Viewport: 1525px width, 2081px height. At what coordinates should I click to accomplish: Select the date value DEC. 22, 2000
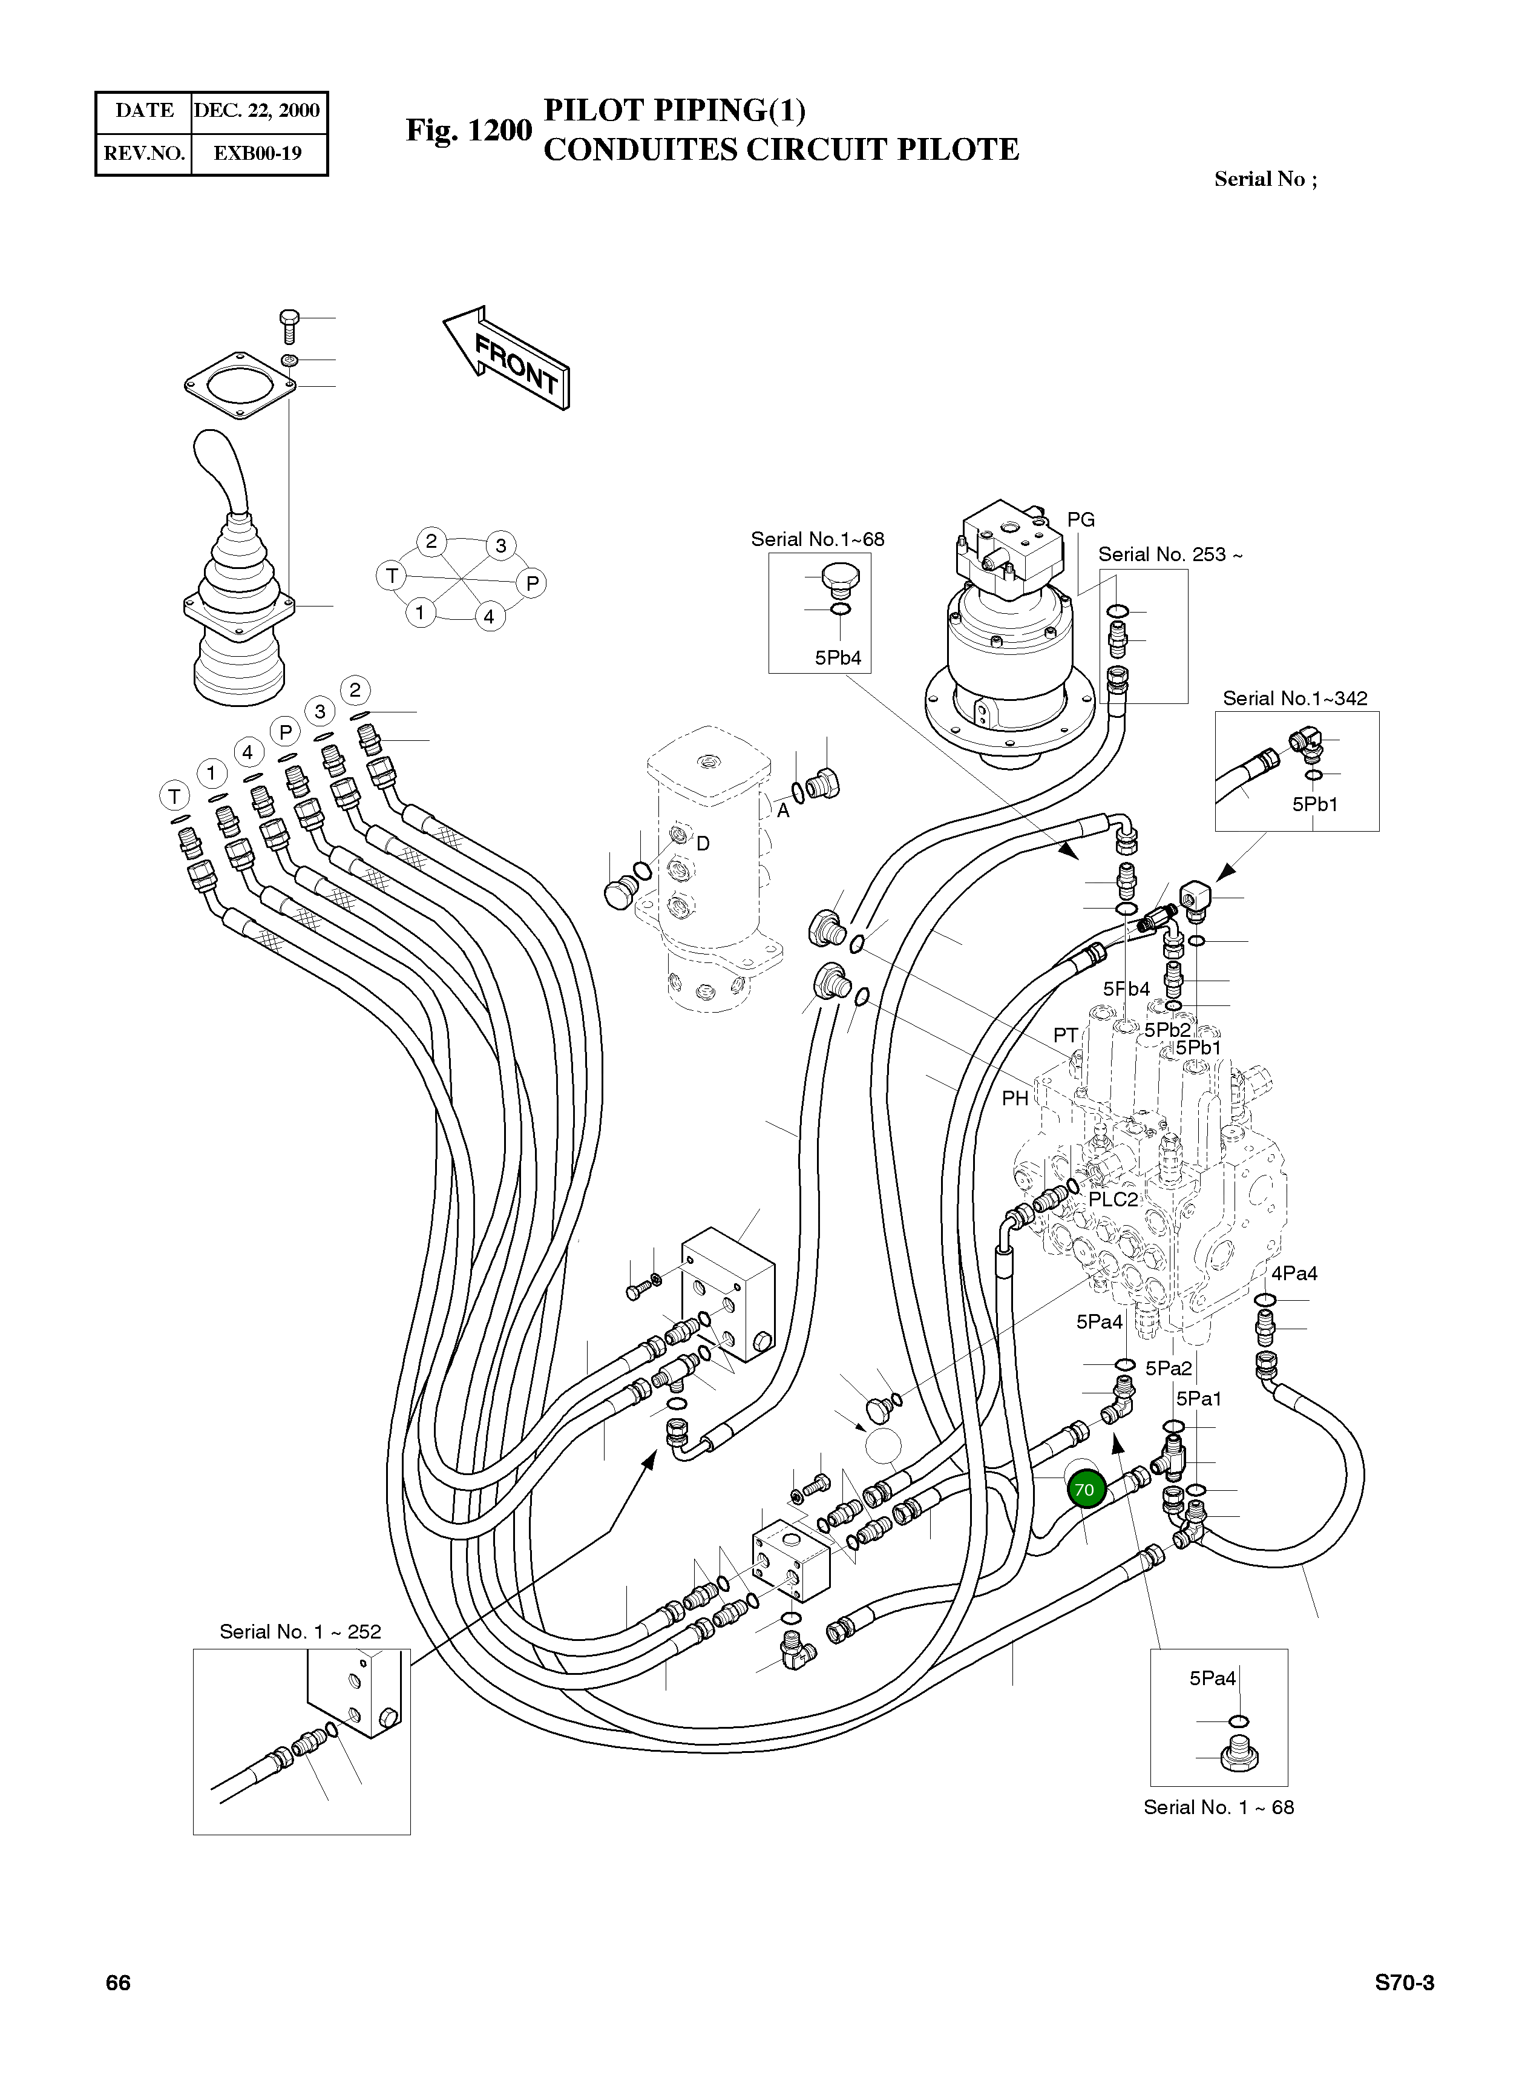[257, 111]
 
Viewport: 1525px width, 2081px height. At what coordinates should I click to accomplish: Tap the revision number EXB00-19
[258, 153]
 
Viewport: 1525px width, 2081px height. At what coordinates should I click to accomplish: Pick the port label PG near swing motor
[1080, 520]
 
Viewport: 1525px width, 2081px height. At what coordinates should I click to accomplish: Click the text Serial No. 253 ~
[1170, 555]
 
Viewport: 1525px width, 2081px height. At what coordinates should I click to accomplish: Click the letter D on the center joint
[703, 844]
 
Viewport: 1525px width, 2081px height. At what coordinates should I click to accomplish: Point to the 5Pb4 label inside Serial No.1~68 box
[838, 659]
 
